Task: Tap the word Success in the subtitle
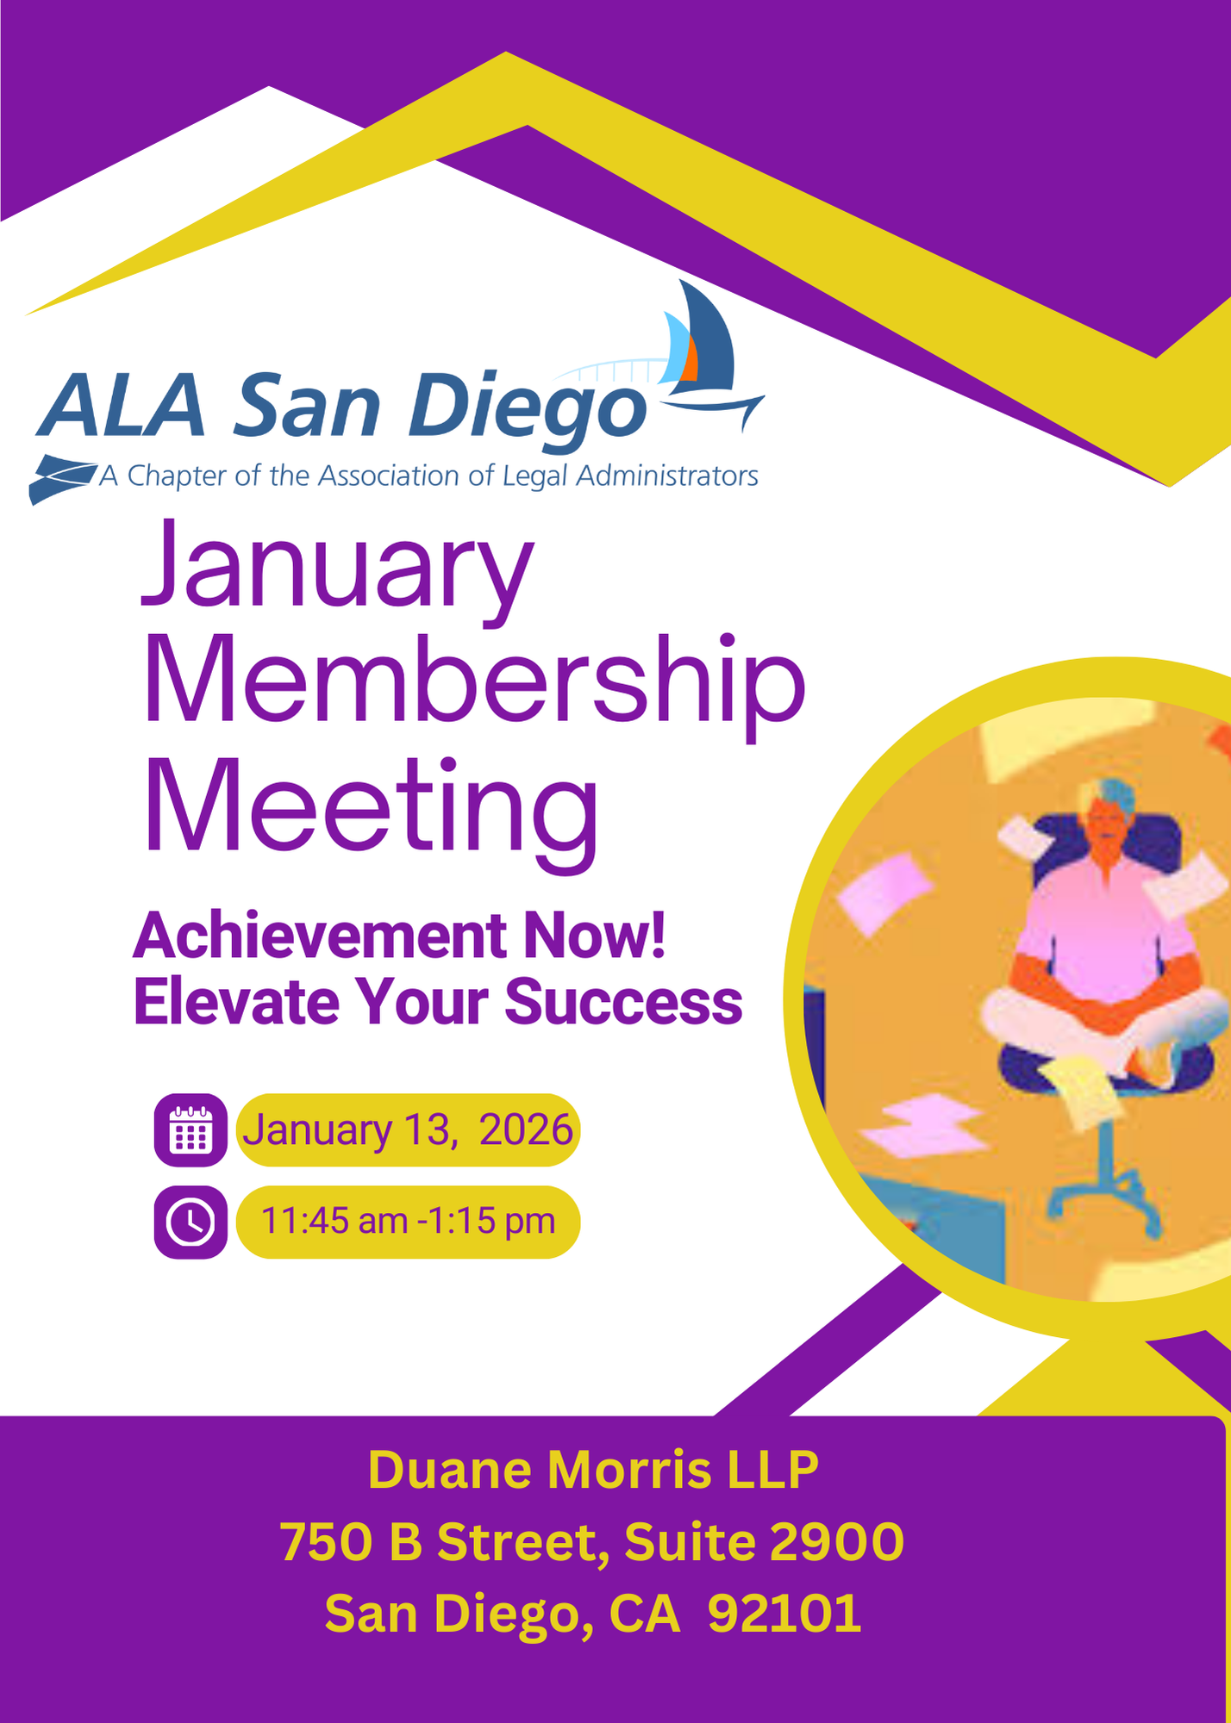pos(623,1002)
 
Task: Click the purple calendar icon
pos(191,1130)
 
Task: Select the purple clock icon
pos(191,1222)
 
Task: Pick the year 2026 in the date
pos(526,1130)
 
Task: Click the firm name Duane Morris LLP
pos(593,1470)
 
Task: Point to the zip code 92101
pos(784,1614)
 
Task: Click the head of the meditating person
pos(1109,814)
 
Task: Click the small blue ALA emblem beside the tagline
pos(62,478)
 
